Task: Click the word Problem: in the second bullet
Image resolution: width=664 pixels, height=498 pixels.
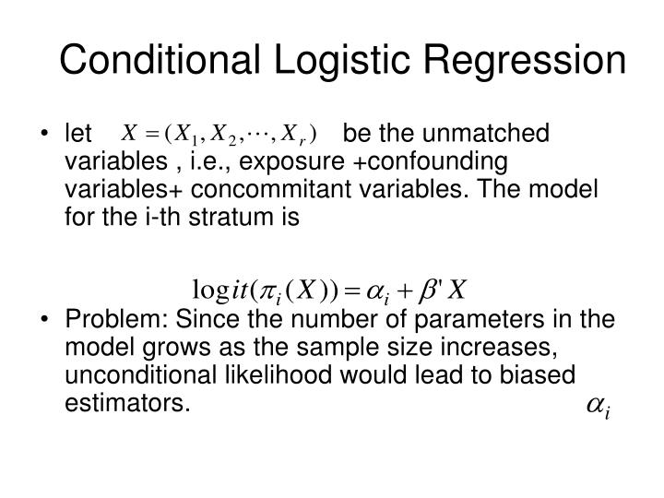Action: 113,320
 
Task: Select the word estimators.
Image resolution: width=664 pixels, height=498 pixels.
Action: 126,403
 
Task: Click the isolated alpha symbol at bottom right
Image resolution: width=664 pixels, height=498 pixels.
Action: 596,405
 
